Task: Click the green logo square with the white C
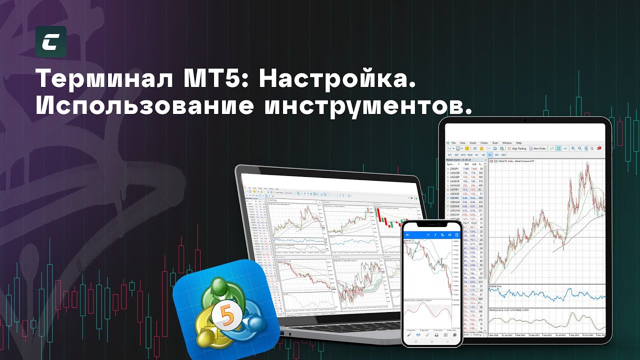51,41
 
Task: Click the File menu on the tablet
453,143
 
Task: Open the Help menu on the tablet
518,143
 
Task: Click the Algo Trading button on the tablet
517,148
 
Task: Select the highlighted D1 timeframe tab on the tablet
490,155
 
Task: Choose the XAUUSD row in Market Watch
455,173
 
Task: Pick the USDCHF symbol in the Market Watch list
454,214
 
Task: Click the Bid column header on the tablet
466,164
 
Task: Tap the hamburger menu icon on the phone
407,235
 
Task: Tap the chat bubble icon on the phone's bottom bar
454,335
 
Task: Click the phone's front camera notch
432,224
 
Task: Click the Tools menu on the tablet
495,143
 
